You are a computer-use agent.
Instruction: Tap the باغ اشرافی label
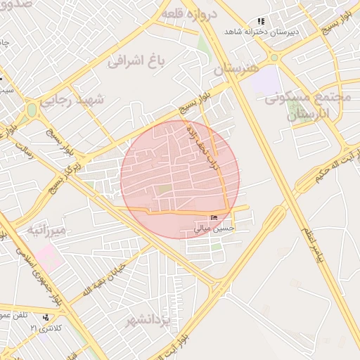pos(136,60)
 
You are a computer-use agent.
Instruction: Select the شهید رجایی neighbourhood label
pos(71,101)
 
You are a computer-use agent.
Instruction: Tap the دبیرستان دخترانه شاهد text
pos(262,32)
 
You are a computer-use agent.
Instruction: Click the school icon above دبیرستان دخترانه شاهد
pos(262,22)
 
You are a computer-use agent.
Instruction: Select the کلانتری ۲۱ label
pos(46,328)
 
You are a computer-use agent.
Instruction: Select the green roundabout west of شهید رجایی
pos(30,110)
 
